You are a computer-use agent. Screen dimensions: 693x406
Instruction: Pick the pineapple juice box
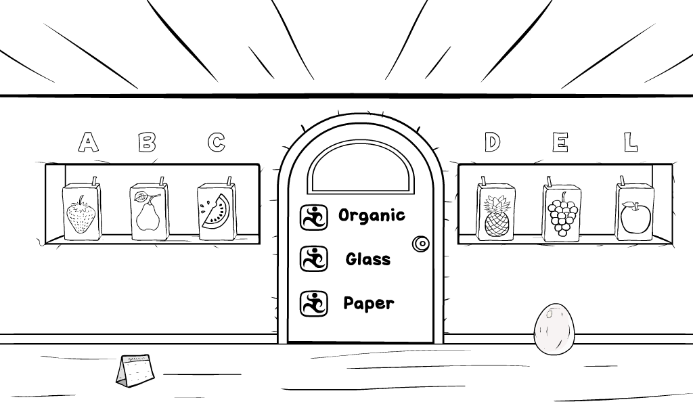point(496,209)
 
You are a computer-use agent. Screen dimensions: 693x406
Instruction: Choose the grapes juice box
point(562,209)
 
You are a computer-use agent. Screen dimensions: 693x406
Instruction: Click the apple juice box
point(635,209)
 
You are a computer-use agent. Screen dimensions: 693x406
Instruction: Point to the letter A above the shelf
point(88,142)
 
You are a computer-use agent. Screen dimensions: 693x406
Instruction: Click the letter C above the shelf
point(217,142)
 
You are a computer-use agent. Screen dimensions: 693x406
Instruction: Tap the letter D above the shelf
point(492,142)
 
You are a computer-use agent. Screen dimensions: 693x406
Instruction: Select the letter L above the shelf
point(631,142)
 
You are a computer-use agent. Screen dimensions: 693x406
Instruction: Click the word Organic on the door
point(372,216)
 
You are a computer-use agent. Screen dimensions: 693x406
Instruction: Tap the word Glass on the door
point(368,259)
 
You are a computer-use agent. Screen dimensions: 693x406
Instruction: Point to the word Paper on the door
point(369,304)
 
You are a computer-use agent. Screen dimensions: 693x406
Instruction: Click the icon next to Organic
point(314,217)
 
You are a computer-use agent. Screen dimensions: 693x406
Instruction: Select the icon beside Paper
point(314,304)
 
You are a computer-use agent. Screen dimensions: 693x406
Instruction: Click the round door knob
point(421,244)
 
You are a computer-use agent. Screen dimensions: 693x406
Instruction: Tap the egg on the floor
point(554,329)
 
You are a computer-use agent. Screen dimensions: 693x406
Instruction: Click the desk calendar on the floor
point(135,371)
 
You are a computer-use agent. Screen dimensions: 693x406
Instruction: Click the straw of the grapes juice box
point(550,181)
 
